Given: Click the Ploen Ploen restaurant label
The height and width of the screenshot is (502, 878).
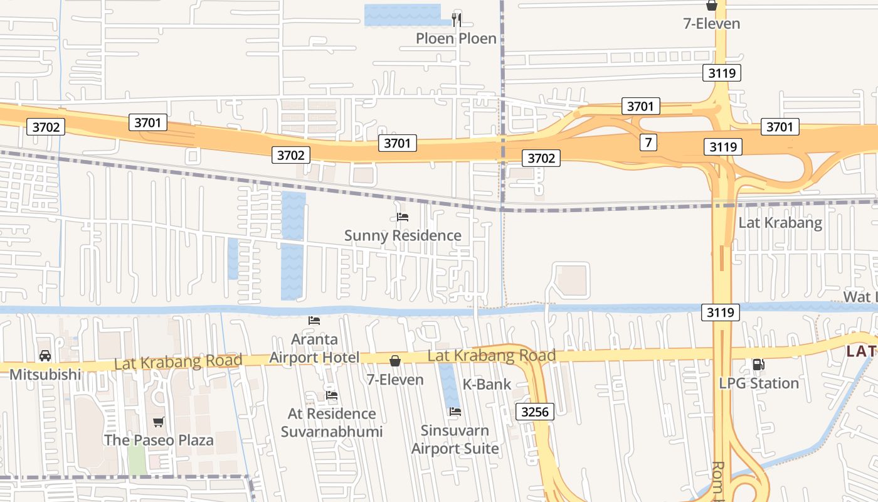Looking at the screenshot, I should coord(456,39).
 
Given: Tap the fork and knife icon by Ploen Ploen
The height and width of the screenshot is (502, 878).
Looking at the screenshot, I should coord(457,20).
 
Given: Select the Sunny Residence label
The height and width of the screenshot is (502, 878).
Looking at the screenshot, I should coord(403,236).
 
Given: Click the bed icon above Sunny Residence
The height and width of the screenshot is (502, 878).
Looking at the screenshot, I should coord(403,217).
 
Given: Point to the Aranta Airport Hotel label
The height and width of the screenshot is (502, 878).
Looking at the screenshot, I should coord(314,348).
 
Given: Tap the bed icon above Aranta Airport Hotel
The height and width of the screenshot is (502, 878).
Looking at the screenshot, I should coord(314,320).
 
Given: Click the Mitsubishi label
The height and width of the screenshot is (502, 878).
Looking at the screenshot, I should coord(45,375).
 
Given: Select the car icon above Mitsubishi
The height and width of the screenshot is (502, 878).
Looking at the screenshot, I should coord(45,356).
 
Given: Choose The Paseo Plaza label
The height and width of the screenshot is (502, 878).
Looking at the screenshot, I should coord(159,440).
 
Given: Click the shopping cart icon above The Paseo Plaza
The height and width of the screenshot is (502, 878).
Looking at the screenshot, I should coord(159,422).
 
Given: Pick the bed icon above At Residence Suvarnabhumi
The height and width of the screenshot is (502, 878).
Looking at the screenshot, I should coord(332,395).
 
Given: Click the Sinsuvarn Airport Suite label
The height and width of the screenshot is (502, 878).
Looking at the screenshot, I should coord(455,439).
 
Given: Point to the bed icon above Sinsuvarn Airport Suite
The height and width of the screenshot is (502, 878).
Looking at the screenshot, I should coord(455,412).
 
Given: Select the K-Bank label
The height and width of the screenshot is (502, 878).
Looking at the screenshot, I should coord(487,384).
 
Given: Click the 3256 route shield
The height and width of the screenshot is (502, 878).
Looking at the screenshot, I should coord(535,412).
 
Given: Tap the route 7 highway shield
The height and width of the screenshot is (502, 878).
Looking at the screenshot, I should coord(648,142).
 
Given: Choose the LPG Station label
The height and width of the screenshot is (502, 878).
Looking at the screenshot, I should coord(759,383).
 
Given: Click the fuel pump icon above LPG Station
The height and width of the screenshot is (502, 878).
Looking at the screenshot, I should coord(759,365).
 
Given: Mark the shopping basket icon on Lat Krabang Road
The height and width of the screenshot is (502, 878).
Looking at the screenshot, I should coord(395,361).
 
